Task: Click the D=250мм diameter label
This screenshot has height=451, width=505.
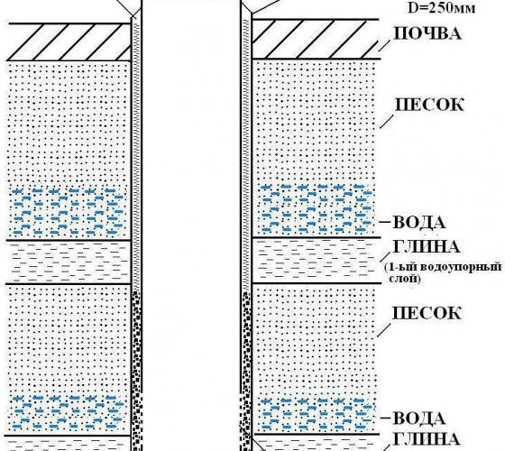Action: [x=441, y=7]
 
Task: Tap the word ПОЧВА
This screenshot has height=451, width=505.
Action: [x=427, y=32]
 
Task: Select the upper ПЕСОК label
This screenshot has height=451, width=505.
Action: [x=429, y=105]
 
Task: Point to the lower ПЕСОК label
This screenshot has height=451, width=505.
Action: [x=427, y=313]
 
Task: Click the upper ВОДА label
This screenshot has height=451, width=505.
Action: [x=419, y=222]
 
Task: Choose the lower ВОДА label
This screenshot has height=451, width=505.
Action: [x=419, y=419]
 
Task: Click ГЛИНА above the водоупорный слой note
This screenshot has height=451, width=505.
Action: [x=426, y=247]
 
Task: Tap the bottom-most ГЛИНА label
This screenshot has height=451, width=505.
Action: [x=426, y=438]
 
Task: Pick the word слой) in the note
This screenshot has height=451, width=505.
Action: [x=405, y=279]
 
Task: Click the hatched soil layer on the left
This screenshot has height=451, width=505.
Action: [x=69, y=41]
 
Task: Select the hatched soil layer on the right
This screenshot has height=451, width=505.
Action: [x=316, y=39]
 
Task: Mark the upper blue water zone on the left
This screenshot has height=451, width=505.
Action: [x=68, y=211]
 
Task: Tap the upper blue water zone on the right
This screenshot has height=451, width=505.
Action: [x=317, y=208]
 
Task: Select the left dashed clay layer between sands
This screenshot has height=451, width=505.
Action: [x=69, y=262]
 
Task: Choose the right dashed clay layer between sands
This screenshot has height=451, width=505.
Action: [x=314, y=261]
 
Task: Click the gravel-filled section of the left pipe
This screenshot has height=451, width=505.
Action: [x=137, y=371]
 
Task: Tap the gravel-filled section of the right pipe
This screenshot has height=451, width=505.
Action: [x=246, y=371]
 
